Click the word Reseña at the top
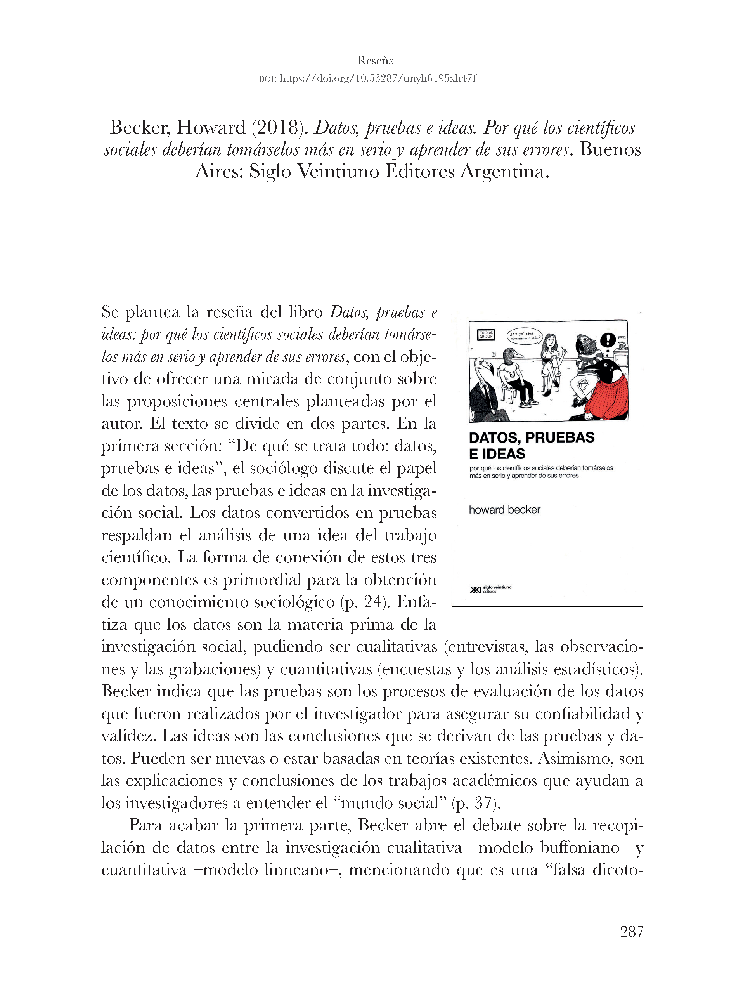click(376, 61)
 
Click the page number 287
click(632, 932)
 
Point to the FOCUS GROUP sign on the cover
click(486, 334)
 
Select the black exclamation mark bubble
click(608, 340)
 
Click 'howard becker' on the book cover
click(504, 510)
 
